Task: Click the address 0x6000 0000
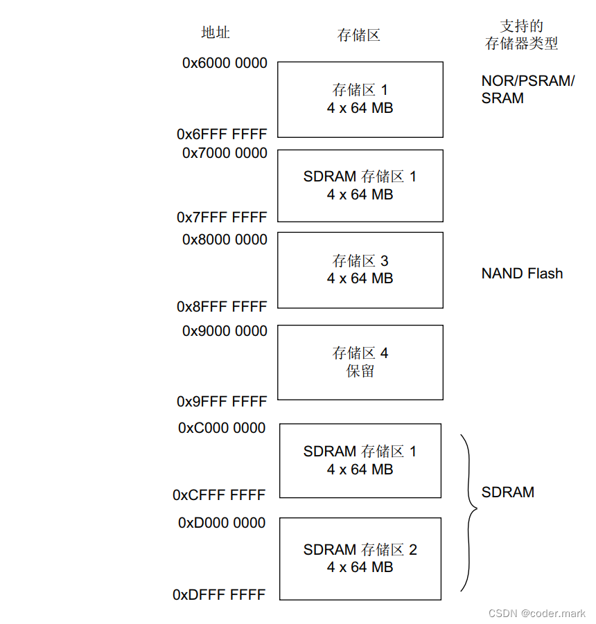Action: [225, 63]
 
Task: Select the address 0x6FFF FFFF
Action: [222, 134]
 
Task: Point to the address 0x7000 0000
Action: [225, 153]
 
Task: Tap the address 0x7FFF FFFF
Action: [222, 217]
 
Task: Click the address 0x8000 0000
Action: [225, 240]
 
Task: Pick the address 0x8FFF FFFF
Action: [222, 306]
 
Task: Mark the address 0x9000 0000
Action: [225, 331]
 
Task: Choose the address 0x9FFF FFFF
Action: [222, 402]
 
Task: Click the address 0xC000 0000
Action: [222, 428]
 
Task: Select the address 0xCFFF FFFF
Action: [219, 495]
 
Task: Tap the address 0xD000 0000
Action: [222, 523]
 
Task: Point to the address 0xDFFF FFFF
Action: [219, 594]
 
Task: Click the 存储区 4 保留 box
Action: [360, 362]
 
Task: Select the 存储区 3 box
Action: [360, 270]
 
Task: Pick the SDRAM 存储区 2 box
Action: [360, 559]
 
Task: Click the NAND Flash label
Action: [522, 274]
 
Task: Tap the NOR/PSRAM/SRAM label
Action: [527, 89]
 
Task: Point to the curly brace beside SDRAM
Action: [469, 512]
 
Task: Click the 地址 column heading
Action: [216, 33]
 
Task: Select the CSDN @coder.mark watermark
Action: [537, 614]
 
